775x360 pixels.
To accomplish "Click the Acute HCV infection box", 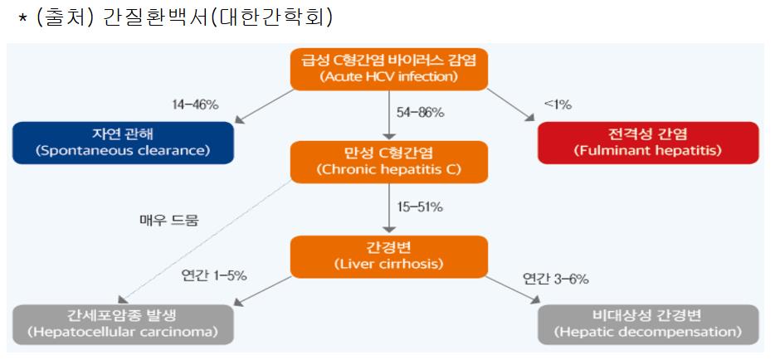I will pos(388,69).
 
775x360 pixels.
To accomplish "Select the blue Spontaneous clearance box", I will pos(122,143).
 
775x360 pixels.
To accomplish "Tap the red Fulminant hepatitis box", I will pos(648,143).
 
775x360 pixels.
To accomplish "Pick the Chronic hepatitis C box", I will pos(388,162).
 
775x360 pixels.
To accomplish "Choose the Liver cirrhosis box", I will pos(388,256).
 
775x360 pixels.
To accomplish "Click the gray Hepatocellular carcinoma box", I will pos(122,324).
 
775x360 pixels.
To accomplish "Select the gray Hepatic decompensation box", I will pos(648,324).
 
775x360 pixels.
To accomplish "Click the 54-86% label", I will pos(420,113).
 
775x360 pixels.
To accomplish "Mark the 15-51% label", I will pos(420,207).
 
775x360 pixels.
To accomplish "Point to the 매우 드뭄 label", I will pos(169,221).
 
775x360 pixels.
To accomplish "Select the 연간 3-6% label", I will pos(555,279).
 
